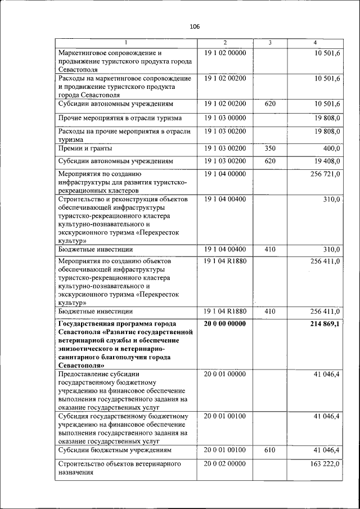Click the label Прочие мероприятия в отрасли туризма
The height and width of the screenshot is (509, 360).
coord(120,118)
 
